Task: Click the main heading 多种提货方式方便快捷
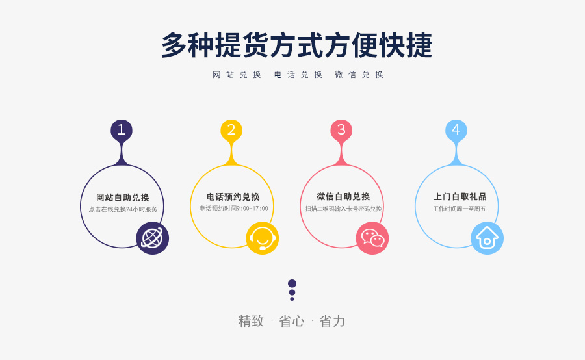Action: pyautogui.click(x=296, y=45)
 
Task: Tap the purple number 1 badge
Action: pyautogui.click(x=122, y=130)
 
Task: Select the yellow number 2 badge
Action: pyautogui.click(x=231, y=130)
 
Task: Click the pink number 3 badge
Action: pyautogui.click(x=341, y=130)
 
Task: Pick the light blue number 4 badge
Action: pyautogui.click(x=456, y=130)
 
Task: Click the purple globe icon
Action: pyautogui.click(x=152, y=238)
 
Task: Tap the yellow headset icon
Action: pyautogui.click(x=263, y=238)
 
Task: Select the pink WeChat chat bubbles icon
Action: pyautogui.click(x=372, y=238)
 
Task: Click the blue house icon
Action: pyautogui.click(x=487, y=238)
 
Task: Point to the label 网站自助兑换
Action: pyautogui.click(x=123, y=198)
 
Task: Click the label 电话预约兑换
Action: pyautogui.click(x=233, y=197)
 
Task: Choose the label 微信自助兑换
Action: pyautogui.click(x=343, y=196)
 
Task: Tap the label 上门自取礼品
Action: pyautogui.click(x=460, y=196)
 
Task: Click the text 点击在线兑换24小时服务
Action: pyautogui.click(x=123, y=209)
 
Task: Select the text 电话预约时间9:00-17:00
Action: pyautogui.click(x=233, y=208)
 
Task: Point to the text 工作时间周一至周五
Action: pyautogui.click(x=460, y=209)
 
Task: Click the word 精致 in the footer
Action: pyautogui.click(x=251, y=321)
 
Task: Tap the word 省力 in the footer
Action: pyautogui.click(x=332, y=321)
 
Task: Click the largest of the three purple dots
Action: pyautogui.click(x=292, y=283)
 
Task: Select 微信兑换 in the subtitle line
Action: pyautogui.click(x=359, y=75)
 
